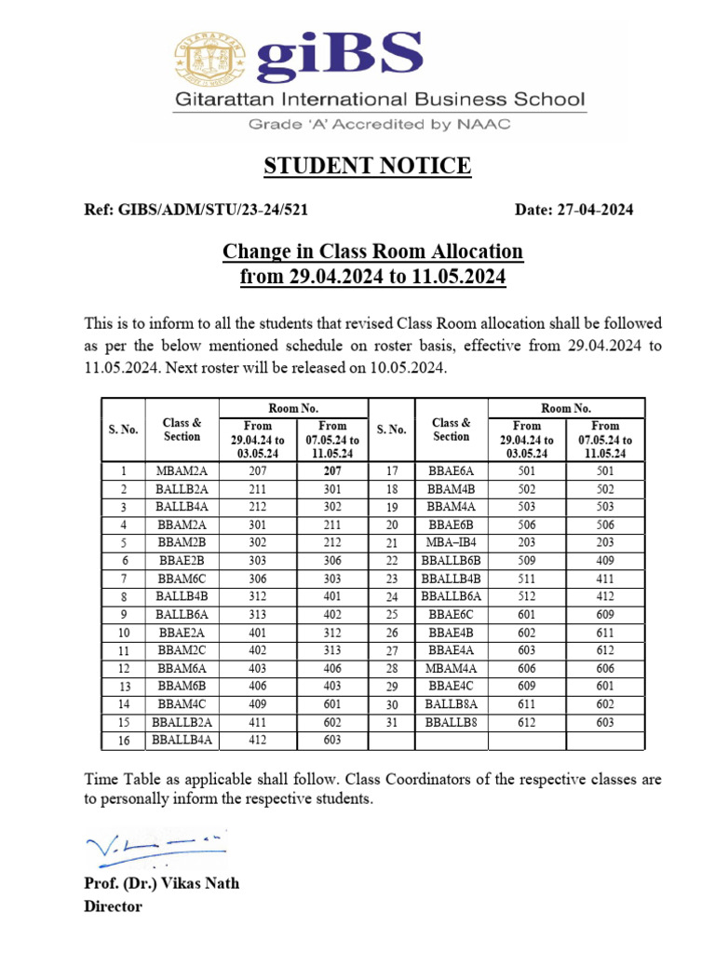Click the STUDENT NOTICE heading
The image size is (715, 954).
point(367,167)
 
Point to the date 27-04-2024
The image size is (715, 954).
point(573,210)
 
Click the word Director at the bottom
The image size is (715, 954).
point(113,906)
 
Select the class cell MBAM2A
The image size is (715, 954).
point(182,471)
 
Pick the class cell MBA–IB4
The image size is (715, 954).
point(451,542)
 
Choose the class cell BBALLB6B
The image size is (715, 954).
point(451,560)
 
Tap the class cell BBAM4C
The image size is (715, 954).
point(182,704)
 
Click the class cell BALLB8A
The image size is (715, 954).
point(451,704)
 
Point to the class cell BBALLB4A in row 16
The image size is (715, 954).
point(182,740)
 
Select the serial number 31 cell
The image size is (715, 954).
point(392,722)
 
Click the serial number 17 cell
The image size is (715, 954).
point(392,471)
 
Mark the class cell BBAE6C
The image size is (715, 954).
point(451,614)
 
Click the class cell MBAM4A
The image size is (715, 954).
point(451,668)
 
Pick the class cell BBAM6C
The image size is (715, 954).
point(182,579)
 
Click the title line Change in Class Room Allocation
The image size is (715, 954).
point(372,252)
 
